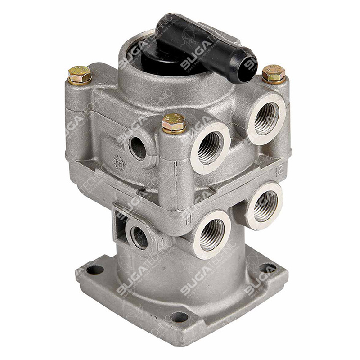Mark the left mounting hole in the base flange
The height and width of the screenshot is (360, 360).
coord(95,269)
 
